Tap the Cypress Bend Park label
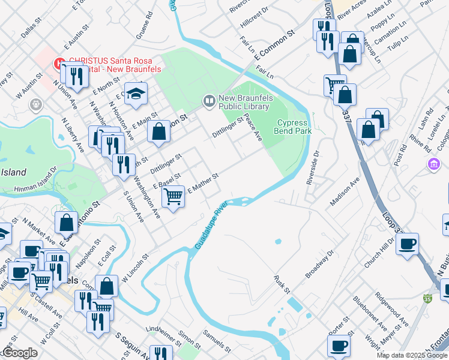(x=293, y=126)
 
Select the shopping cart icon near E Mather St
(x=173, y=195)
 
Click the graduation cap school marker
(x=136, y=94)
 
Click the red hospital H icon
(x=60, y=62)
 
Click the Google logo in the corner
(x=20, y=353)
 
